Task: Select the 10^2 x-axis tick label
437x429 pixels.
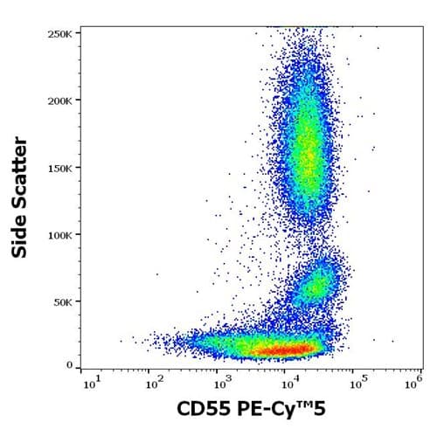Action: click(x=153, y=381)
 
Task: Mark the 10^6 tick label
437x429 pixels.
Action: click(x=416, y=381)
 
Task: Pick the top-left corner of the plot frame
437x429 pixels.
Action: click(x=81, y=27)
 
